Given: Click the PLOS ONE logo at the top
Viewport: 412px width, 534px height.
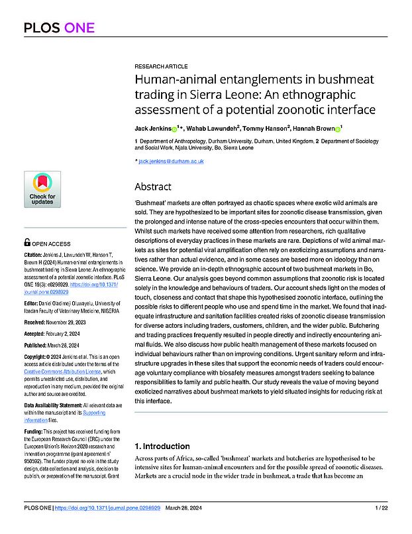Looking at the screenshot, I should point(59,28).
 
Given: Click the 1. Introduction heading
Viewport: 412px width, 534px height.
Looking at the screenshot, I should point(163,446).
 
